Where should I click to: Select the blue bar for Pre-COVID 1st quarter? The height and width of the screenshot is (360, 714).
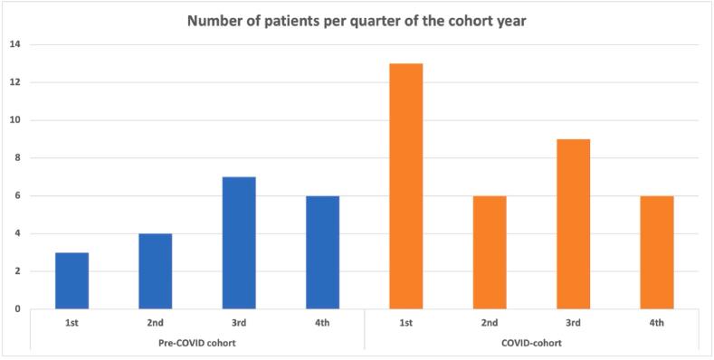pos(71,280)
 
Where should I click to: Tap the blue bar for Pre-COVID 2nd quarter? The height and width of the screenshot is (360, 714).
pos(155,271)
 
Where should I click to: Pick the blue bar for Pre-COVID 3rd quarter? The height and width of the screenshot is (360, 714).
pos(239,242)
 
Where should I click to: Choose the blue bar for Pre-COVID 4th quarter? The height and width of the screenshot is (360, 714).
pos(322,252)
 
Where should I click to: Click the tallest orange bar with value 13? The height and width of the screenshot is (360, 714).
pos(405,186)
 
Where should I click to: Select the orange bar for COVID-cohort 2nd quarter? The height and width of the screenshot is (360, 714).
pos(490,252)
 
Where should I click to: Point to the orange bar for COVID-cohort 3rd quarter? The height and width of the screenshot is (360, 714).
pos(573,224)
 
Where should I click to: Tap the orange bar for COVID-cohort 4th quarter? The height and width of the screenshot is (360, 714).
pos(656,252)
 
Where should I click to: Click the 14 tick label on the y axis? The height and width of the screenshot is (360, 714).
pos(16,44)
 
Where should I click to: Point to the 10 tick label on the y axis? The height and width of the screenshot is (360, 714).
pos(16,120)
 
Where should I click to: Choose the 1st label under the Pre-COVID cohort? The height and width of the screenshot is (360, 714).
pos(71,323)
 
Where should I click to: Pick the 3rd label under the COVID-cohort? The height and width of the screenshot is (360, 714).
pos(573,323)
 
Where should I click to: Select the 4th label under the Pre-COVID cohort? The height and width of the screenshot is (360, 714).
pos(322,323)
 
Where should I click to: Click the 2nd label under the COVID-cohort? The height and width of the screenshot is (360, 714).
pos(490,323)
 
